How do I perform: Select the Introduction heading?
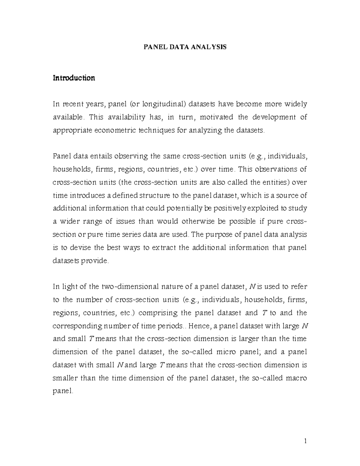(x=74, y=78)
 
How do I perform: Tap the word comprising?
(x=158, y=313)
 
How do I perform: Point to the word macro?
(x=295, y=378)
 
